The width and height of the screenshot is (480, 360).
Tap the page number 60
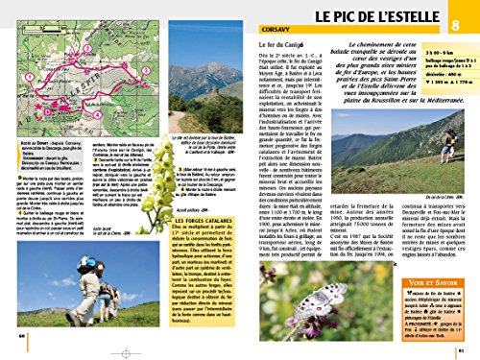click(x=21, y=335)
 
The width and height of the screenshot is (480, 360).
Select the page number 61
click(x=463, y=335)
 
